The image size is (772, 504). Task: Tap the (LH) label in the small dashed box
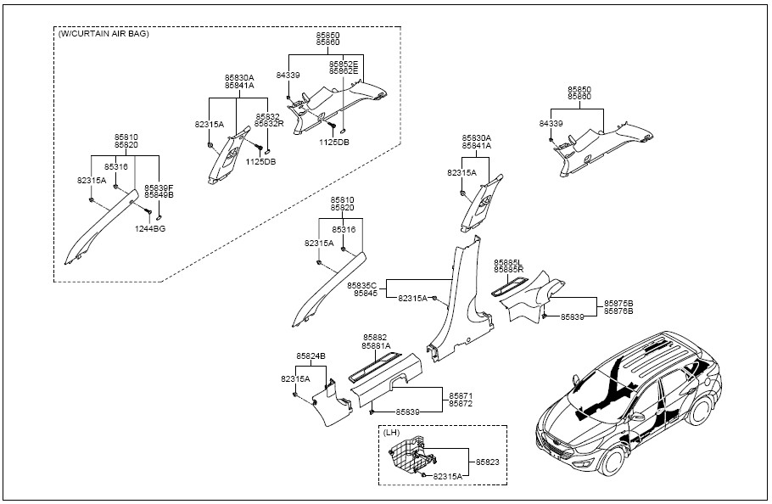click(392, 433)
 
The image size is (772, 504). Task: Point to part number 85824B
click(311, 356)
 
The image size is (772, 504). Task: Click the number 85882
click(376, 337)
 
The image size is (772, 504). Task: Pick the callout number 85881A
click(376, 345)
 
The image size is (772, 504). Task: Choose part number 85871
click(462, 395)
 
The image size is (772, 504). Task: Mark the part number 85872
click(462, 404)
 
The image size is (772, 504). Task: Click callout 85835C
click(363, 284)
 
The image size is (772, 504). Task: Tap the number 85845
click(366, 293)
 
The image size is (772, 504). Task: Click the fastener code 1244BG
click(150, 229)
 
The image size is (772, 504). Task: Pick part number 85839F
click(159, 187)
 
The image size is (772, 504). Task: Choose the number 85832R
click(269, 124)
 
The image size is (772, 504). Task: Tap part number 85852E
click(344, 64)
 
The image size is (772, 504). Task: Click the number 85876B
click(619, 303)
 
